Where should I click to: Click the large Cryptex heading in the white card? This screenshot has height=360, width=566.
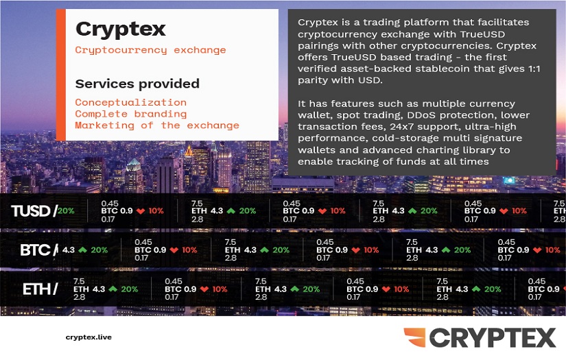point(121,29)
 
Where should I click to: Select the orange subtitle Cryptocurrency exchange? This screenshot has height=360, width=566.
point(150,50)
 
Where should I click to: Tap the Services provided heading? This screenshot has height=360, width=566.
point(137,84)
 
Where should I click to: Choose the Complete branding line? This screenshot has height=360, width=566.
point(130,114)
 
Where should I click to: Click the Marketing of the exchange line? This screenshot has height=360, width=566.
point(157,125)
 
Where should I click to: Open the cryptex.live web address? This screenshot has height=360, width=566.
point(89,337)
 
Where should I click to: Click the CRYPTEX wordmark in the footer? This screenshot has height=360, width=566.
point(492,338)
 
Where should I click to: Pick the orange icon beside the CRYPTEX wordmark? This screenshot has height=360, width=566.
point(414,337)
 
